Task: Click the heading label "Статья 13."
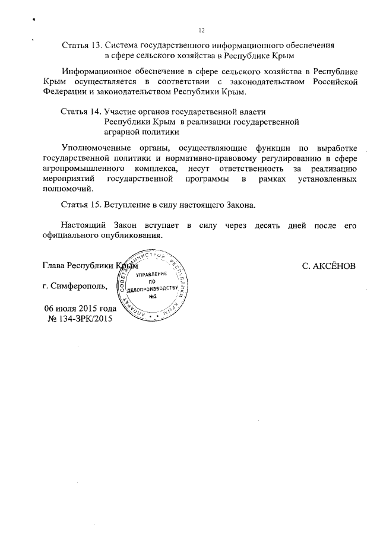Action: pos(81,45)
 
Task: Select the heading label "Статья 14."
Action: pos(81,112)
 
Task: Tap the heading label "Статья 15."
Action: pos(81,205)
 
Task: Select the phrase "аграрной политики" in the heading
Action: pos(141,133)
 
